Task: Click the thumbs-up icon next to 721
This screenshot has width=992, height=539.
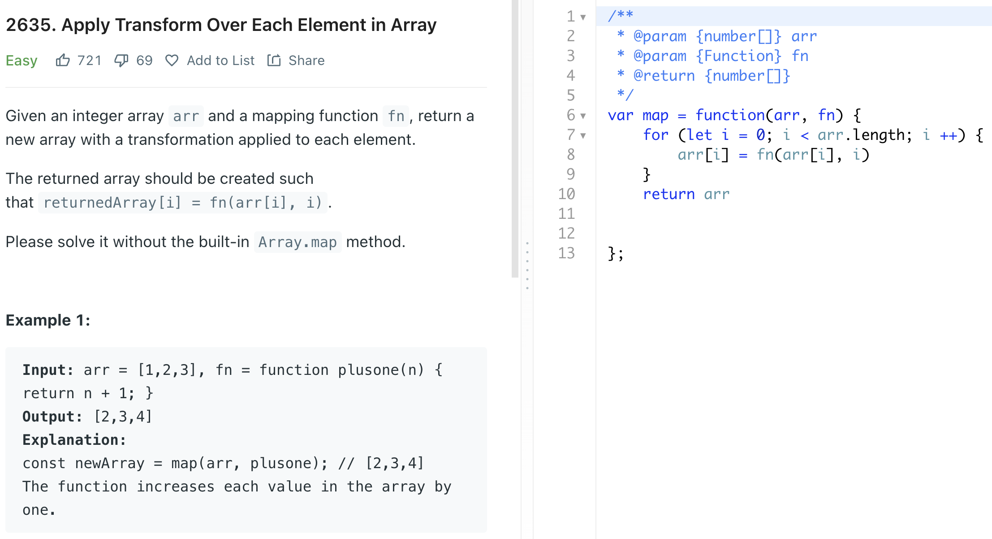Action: pos(63,60)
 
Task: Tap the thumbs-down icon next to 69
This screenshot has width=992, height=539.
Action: pos(121,60)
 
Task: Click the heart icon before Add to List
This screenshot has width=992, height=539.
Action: pos(172,60)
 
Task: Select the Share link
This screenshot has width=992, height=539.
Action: pos(306,61)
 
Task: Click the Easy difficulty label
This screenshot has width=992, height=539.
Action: pos(22,61)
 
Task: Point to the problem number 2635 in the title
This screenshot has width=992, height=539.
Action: pos(28,25)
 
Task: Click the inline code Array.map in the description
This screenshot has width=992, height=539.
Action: pos(298,242)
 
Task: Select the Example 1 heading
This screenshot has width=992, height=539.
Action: pos(48,320)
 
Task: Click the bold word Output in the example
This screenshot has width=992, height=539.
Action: pos(52,417)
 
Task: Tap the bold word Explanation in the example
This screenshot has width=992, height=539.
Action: pos(74,440)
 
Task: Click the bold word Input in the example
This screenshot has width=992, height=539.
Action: pos(47,370)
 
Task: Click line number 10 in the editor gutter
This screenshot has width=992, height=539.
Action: pos(566,194)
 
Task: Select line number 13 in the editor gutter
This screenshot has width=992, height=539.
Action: pos(566,253)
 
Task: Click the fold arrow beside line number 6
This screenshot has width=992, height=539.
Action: pos(583,116)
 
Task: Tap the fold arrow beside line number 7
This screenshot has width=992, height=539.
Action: pos(583,135)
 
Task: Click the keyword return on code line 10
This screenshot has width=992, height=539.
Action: pos(669,194)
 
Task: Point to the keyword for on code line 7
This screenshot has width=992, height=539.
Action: pos(656,135)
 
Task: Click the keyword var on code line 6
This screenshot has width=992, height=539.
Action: pos(621,115)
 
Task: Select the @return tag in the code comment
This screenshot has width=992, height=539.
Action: pos(664,76)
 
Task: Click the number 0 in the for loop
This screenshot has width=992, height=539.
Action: pos(760,135)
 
